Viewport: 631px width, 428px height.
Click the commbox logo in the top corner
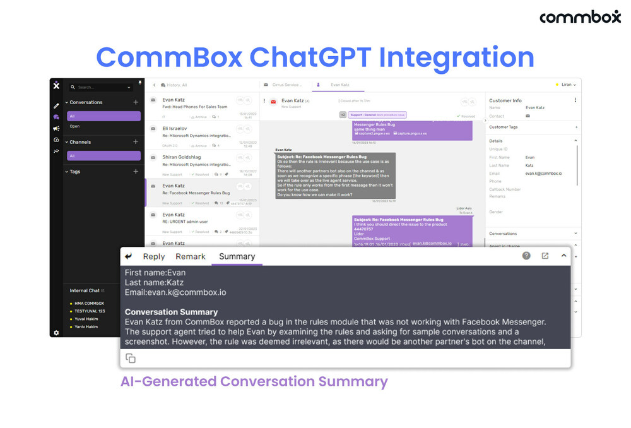(580, 17)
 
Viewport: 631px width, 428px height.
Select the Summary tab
(237, 256)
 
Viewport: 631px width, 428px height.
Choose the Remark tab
(191, 256)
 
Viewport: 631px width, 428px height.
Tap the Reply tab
(153, 256)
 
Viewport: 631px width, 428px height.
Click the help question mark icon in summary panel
(526, 256)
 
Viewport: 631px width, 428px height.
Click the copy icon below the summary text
(131, 358)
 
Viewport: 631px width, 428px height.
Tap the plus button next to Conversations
(136, 102)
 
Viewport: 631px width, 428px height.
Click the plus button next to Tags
(136, 172)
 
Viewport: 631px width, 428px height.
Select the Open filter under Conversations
(75, 126)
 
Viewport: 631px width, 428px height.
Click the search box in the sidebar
(101, 87)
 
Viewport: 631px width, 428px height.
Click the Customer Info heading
(505, 100)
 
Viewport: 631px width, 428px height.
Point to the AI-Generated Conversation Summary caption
(254, 381)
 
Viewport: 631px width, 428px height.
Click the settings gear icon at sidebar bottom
(56, 333)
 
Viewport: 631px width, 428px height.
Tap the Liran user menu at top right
(565, 85)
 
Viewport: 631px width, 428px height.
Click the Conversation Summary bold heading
(171, 312)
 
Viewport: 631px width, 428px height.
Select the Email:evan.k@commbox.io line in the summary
(175, 292)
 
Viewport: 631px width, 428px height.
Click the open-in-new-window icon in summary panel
(545, 256)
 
